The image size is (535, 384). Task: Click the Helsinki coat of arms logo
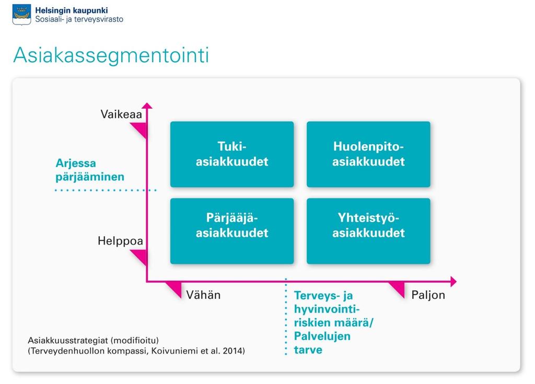(21, 15)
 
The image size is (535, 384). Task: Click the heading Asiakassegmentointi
(111, 55)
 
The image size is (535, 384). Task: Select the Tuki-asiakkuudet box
(232, 154)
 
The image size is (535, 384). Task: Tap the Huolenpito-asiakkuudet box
(368, 154)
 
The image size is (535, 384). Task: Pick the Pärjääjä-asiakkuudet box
(232, 231)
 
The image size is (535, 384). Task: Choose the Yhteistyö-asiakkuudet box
(368, 231)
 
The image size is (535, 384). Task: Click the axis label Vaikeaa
(121, 114)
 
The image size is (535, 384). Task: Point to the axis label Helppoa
(120, 241)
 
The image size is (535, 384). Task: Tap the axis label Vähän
(203, 295)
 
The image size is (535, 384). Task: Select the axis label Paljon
(428, 295)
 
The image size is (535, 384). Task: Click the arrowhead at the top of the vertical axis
(147, 106)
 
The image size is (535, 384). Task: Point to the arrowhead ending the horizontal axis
(453, 282)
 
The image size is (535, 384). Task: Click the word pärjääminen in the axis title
(90, 177)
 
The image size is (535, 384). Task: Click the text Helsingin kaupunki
(71, 10)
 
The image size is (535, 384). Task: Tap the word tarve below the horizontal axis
(308, 350)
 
